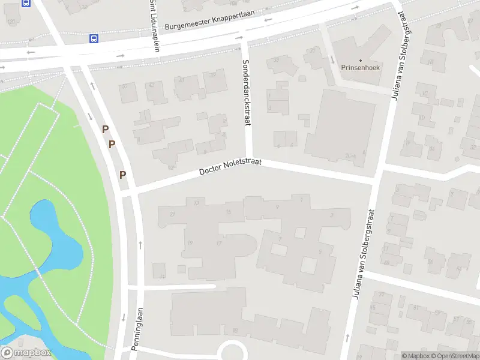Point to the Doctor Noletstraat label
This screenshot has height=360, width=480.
click(238, 166)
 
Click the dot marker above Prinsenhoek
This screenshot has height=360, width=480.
click(361, 60)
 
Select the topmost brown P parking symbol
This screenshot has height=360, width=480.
click(106, 129)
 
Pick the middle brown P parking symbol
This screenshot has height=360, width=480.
click(112, 144)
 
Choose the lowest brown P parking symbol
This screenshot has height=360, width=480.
click(123, 175)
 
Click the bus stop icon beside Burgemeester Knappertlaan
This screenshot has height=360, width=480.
click(94, 38)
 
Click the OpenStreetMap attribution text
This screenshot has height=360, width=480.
click(459, 356)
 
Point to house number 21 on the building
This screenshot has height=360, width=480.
click(173, 214)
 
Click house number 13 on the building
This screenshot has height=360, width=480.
click(197, 203)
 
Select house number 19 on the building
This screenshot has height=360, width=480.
click(190, 242)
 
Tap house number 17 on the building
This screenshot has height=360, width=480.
click(220, 243)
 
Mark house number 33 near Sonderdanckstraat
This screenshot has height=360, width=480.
click(277, 60)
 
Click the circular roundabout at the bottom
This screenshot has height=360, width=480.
click(231, 352)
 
